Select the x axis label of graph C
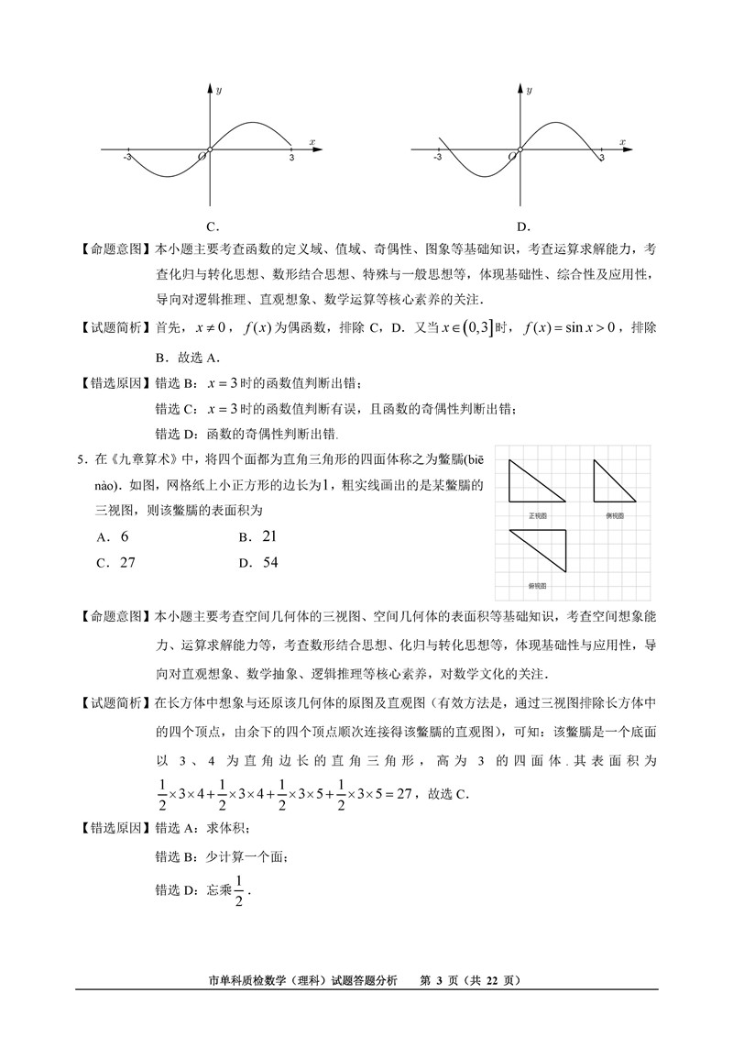(312, 141)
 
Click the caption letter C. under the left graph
(212, 226)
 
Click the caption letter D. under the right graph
(523, 226)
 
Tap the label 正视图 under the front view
(538, 516)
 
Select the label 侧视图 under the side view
(615, 516)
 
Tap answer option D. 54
(257, 562)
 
